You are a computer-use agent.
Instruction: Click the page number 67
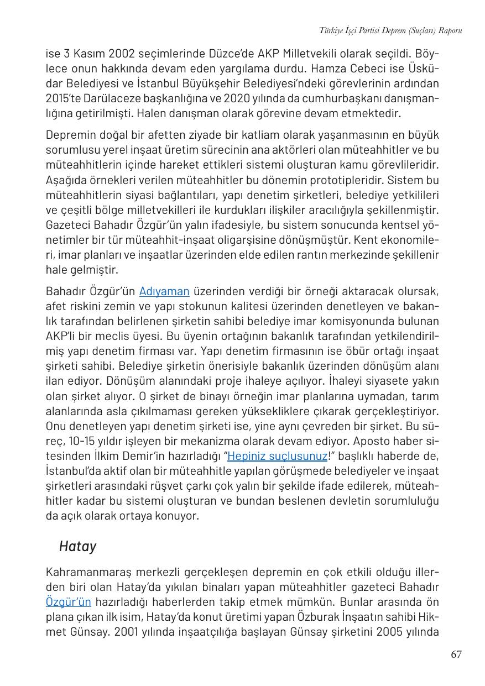[456, 654]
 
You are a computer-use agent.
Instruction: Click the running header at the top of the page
[390, 30]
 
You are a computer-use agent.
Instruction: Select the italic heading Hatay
[77, 546]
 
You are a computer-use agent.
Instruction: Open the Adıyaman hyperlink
[164, 291]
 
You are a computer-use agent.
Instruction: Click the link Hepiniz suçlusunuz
[277, 456]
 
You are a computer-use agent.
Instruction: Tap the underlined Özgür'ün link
[68, 602]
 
